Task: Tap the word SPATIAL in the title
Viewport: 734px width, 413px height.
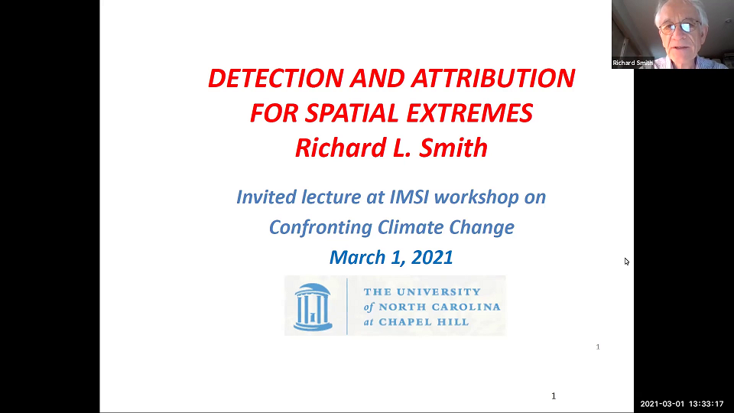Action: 353,113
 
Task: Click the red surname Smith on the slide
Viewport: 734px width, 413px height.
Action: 454,148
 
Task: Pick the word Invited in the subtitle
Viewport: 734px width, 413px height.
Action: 265,197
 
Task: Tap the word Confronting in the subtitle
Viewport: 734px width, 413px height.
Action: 320,227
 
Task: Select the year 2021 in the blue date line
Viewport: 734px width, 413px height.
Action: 432,258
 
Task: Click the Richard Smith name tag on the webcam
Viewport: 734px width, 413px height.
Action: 633,63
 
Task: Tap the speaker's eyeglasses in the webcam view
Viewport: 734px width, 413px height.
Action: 679,28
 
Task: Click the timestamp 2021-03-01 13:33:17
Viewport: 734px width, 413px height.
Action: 682,404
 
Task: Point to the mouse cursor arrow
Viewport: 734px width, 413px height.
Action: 626,261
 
